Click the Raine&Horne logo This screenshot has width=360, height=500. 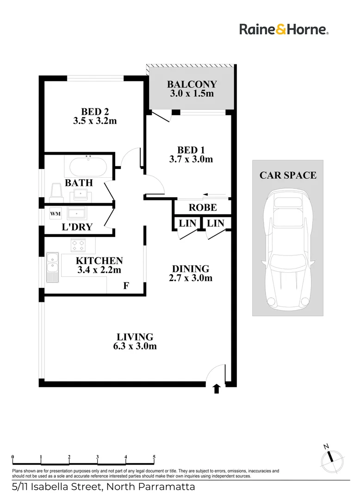tap(284, 30)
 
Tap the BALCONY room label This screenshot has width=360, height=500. tap(192, 84)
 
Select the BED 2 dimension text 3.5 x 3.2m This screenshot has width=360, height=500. tap(94, 121)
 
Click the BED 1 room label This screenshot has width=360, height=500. tap(191, 150)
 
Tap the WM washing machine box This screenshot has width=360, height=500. tap(56, 214)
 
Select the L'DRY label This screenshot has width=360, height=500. tap(77, 227)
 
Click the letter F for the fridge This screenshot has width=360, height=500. tap(126, 286)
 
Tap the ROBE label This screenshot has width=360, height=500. tap(202, 207)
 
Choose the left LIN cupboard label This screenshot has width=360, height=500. tap(187, 223)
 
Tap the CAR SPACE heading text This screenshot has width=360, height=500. tap(288, 175)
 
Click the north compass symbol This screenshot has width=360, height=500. tap(331, 457)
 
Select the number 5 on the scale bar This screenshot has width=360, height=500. tap(154, 457)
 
